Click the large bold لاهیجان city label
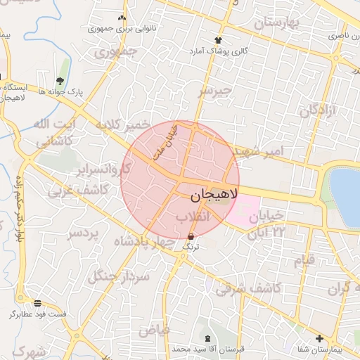click(x=210, y=193)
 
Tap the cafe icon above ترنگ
click(x=191, y=237)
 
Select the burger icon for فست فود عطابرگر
click(x=37, y=303)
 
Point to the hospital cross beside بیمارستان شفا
click(x=320, y=338)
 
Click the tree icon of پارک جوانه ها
click(x=60, y=81)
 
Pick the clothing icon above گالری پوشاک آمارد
click(x=218, y=40)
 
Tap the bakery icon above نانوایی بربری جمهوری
click(x=122, y=18)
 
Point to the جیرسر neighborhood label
click(x=214, y=91)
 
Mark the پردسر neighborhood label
click(x=85, y=233)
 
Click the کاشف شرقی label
click(x=248, y=288)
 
